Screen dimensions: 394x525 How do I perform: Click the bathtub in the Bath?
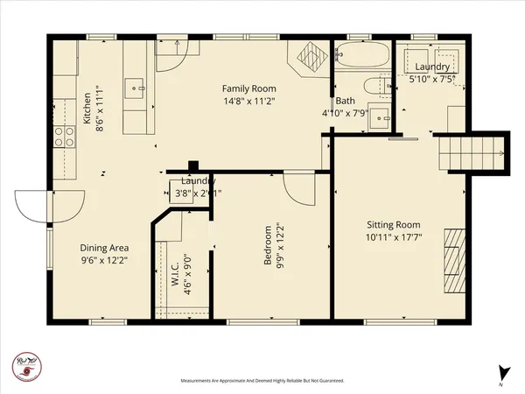361,56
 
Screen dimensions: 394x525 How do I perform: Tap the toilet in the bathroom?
378,86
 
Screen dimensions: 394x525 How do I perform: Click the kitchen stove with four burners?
65,136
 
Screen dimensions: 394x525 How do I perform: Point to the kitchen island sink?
136,86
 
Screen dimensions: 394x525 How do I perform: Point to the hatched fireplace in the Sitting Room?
455,260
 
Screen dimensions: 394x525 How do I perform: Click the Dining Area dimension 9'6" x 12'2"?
104,260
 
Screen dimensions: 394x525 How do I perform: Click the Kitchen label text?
87,109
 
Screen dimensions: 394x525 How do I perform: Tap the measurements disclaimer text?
262,381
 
